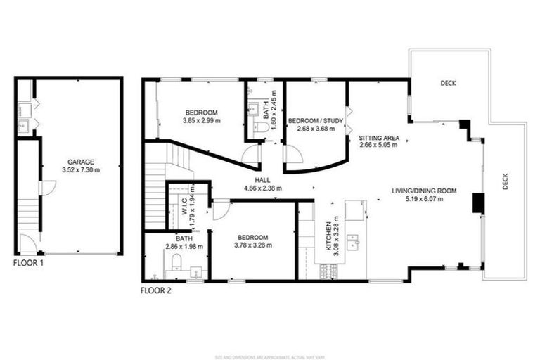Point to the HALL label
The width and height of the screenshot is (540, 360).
pyautogui.click(x=262, y=180)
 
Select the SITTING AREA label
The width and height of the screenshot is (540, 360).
pyautogui.click(x=379, y=138)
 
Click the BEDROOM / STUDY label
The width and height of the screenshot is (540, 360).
pyautogui.click(x=316, y=120)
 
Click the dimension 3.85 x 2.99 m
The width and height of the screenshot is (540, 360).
pyautogui.click(x=201, y=121)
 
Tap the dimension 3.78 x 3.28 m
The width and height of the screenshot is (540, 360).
pyautogui.click(x=252, y=245)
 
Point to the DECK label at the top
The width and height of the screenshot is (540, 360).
pyautogui.click(x=448, y=84)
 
